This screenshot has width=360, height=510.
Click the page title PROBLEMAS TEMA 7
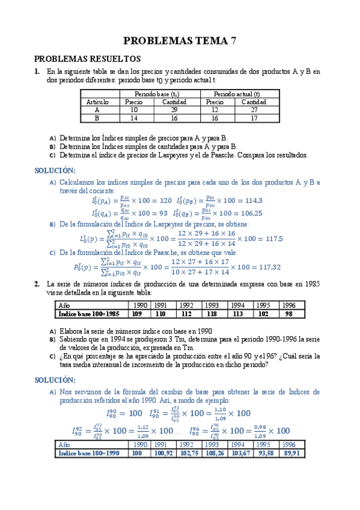pyautogui.click(x=180, y=41)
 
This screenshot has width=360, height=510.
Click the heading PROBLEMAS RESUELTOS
pyautogui.click(x=87, y=59)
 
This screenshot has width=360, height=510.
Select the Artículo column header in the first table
pyautogui.click(x=97, y=102)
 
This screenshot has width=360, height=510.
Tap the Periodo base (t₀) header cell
pyautogui.click(x=156, y=94)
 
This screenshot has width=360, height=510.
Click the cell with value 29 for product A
pyautogui.click(x=174, y=110)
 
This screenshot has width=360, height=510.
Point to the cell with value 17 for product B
pyautogui.click(x=254, y=118)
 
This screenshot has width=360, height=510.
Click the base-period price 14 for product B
pyautogui.click(x=134, y=118)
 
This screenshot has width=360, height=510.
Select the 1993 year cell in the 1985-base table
pyautogui.click(x=212, y=306)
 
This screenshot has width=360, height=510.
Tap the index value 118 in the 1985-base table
pyautogui.click(x=212, y=313)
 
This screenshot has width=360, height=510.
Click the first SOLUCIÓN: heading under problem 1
pyautogui.click(x=55, y=170)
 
